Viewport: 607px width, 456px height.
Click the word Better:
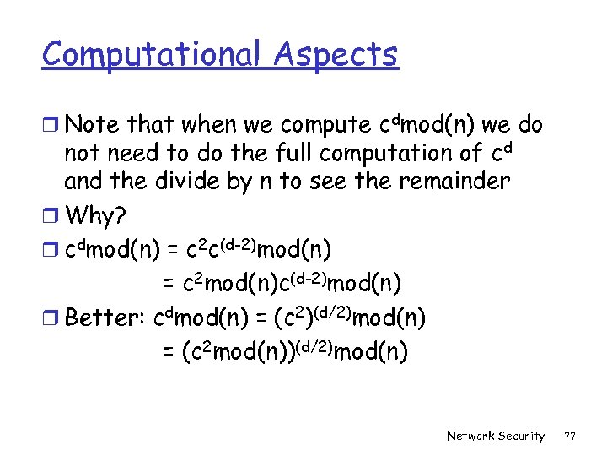click(x=105, y=318)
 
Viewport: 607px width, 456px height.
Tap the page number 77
click(x=570, y=437)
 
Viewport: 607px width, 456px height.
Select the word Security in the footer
click(x=523, y=437)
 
